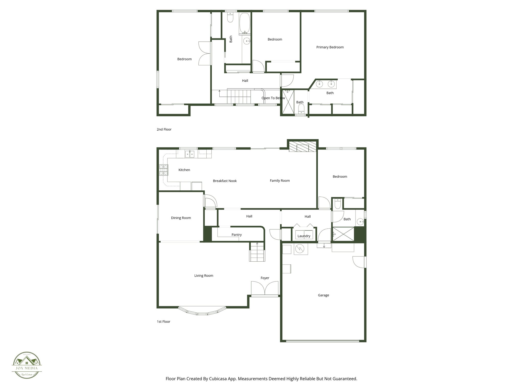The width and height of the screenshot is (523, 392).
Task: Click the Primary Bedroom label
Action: (330, 47)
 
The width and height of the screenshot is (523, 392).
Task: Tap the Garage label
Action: (323, 295)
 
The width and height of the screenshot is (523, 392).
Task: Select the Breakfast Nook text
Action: (225, 181)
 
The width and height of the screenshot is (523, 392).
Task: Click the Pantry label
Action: (236, 235)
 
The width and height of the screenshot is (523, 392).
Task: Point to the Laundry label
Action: (304, 236)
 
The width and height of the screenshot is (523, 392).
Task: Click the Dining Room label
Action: (181, 218)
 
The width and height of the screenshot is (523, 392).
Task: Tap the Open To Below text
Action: (273, 98)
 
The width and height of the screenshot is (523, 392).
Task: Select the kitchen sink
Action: (189, 154)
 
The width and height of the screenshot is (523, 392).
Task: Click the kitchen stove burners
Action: (164, 170)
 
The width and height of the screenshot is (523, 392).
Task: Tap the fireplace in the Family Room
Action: (303, 148)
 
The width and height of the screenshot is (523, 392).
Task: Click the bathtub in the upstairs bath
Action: (245, 23)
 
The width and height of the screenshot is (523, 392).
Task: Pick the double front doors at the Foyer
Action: (265, 289)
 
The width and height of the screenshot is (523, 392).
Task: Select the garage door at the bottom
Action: (323, 341)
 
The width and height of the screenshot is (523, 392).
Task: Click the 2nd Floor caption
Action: (164, 129)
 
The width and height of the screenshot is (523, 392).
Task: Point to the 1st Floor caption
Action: (163, 322)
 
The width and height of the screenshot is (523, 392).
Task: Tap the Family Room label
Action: (280, 181)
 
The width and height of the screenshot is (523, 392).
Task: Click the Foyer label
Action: (265, 278)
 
